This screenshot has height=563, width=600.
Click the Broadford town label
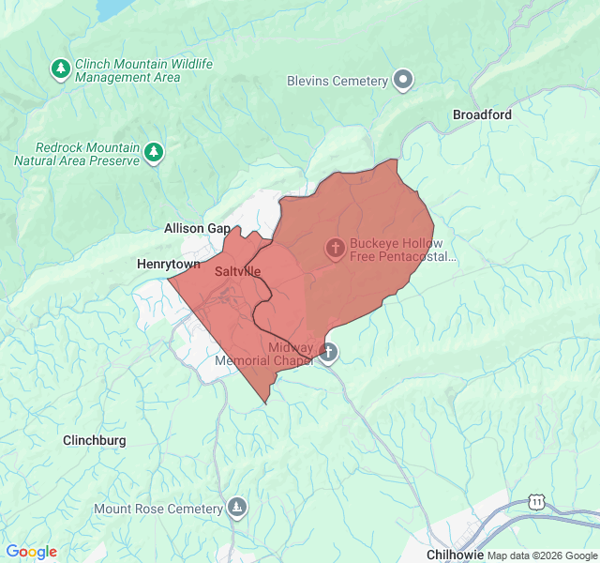[x=482, y=114]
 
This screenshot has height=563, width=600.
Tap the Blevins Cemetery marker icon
[x=403, y=81]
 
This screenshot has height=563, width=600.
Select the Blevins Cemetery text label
[x=337, y=82]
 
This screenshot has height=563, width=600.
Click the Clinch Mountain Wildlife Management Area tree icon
[x=61, y=68]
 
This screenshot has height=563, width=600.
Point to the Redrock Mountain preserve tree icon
[x=154, y=151]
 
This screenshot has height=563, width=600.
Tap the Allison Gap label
[x=197, y=228]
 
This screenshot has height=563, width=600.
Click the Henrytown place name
[x=169, y=265]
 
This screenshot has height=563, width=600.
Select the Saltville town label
[x=237, y=271]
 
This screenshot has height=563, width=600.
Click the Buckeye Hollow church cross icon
[x=335, y=248]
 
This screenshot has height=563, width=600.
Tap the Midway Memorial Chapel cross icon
[x=327, y=353]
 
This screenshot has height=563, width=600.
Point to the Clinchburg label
[x=94, y=440]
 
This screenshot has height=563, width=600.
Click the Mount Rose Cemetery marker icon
[x=237, y=509]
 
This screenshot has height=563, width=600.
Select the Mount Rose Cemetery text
[x=158, y=510]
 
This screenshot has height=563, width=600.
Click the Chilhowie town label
[x=455, y=555]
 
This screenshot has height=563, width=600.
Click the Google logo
[x=31, y=552]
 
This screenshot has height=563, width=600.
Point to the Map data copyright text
[x=541, y=555]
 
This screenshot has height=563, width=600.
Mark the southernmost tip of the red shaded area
[x=267, y=403]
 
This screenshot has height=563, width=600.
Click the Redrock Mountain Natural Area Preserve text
[x=77, y=154]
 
